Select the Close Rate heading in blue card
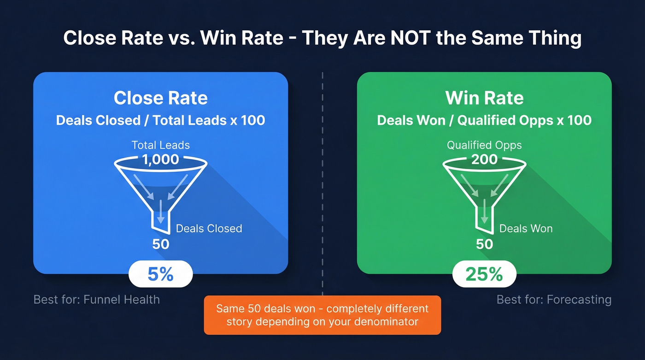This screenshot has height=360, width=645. point(161,98)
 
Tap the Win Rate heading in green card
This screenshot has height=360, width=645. point(484,98)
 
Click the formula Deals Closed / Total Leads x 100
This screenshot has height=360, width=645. point(161,120)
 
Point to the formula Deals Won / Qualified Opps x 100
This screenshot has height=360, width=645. point(484,120)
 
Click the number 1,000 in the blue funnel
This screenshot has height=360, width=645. point(161,159)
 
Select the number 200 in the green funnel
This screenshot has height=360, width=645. point(484,159)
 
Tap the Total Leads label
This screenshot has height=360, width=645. point(161,145)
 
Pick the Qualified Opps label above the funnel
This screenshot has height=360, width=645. point(484,145)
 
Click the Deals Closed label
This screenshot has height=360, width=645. point(209,228)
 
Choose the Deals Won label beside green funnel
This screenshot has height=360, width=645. point(526,228)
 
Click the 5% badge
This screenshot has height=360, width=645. point(160,274)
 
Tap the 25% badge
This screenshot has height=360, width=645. point(484,274)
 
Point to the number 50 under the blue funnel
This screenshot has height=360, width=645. point(161,244)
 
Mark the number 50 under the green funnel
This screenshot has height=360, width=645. point(484,244)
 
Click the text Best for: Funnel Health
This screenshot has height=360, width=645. point(97,300)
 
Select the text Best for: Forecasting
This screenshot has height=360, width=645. point(554,300)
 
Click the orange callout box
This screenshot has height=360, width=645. point(322,315)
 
